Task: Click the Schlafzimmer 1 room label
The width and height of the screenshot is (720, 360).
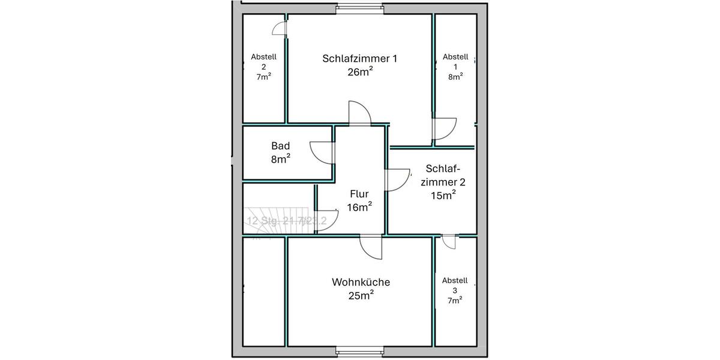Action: coord(359,59)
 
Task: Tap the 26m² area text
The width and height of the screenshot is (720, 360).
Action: coord(359,72)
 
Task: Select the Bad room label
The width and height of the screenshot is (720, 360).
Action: coord(281,146)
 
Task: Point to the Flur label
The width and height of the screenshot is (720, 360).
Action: coord(359,194)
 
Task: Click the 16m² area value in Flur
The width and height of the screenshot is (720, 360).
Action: coord(359,208)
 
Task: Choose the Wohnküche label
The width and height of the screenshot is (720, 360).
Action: coord(361,282)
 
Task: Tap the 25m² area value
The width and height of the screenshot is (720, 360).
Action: coord(361,295)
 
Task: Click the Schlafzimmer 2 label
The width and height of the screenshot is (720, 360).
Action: coord(443,175)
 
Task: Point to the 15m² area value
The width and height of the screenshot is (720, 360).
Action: coord(443,194)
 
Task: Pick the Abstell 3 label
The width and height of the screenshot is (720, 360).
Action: coord(455,286)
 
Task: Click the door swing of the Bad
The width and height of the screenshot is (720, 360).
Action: coord(322,152)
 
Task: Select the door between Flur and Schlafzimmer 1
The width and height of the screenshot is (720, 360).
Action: coord(361,113)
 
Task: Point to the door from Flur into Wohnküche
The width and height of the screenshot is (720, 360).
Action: coord(371,247)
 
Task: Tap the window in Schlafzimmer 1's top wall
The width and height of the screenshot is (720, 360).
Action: coord(359,8)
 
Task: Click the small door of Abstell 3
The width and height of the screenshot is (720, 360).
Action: coord(449,241)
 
